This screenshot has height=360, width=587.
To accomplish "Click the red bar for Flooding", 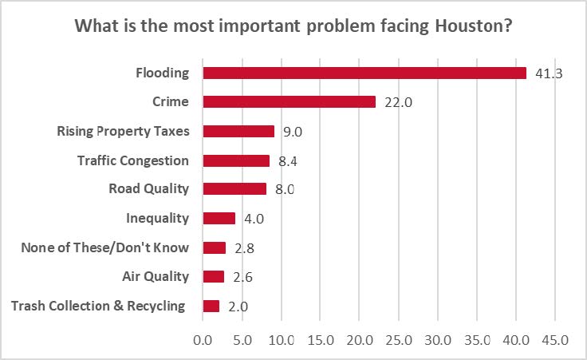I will [364, 73].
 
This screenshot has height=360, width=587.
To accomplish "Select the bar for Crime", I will [289, 102].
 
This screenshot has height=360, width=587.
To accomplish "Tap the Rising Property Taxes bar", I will [238, 131].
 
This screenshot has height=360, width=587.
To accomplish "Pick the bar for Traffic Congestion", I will [236, 160].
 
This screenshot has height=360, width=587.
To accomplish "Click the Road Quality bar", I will [234, 189].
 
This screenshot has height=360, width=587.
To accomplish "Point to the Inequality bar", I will [219, 218].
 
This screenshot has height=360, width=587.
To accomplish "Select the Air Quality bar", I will [214, 276].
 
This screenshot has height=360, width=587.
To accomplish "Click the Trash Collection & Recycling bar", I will [211, 306].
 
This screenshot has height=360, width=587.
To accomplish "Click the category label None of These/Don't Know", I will [104, 247].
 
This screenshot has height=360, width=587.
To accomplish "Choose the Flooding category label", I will [162, 73].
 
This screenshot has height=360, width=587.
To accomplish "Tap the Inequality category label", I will [157, 218].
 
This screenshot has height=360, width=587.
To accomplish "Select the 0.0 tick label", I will [203, 339].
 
